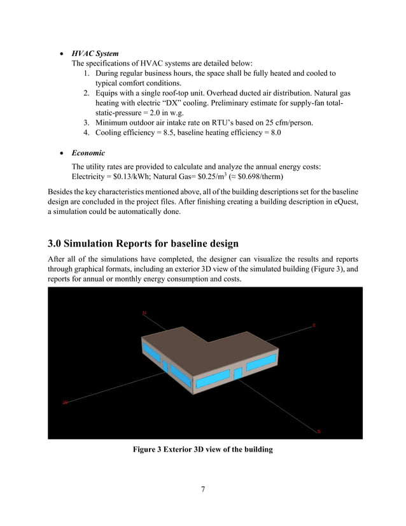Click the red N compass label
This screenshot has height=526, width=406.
tap(144, 313)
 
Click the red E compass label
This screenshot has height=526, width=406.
tap(313, 325)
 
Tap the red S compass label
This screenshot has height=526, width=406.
tap(319, 432)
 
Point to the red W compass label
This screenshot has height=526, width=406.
tap(64, 402)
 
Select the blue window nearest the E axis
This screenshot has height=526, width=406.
tap(260, 364)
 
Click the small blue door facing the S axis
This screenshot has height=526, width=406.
tap(237, 374)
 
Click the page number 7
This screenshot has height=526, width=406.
tap(202, 489)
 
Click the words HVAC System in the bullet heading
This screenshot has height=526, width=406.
tap(95, 53)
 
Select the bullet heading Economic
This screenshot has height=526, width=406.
tap(88, 153)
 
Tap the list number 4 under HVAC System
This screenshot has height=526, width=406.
tap(87, 133)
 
